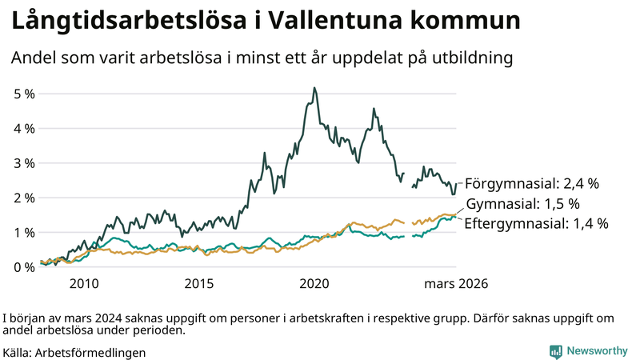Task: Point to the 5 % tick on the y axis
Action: pos(24,94)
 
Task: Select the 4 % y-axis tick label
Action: pos(24,128)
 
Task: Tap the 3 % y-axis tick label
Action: pos(24,163)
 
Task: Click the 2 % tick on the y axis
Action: pos(24,198)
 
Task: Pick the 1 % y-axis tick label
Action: pos(24,232)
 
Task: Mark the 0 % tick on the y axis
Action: pos(24,267)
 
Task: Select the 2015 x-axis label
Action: pos(199,284)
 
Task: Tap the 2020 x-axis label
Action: pos(314,284)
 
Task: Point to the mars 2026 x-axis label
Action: pos(456,284)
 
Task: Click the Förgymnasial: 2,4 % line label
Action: pos(531,183)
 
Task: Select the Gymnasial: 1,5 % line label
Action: pos(522,203)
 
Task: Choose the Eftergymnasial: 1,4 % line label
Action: pos(536,223)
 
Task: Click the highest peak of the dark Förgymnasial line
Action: pos(314,88)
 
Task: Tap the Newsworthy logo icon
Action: pos(555,351)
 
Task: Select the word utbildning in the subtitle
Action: pos(472,58)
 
